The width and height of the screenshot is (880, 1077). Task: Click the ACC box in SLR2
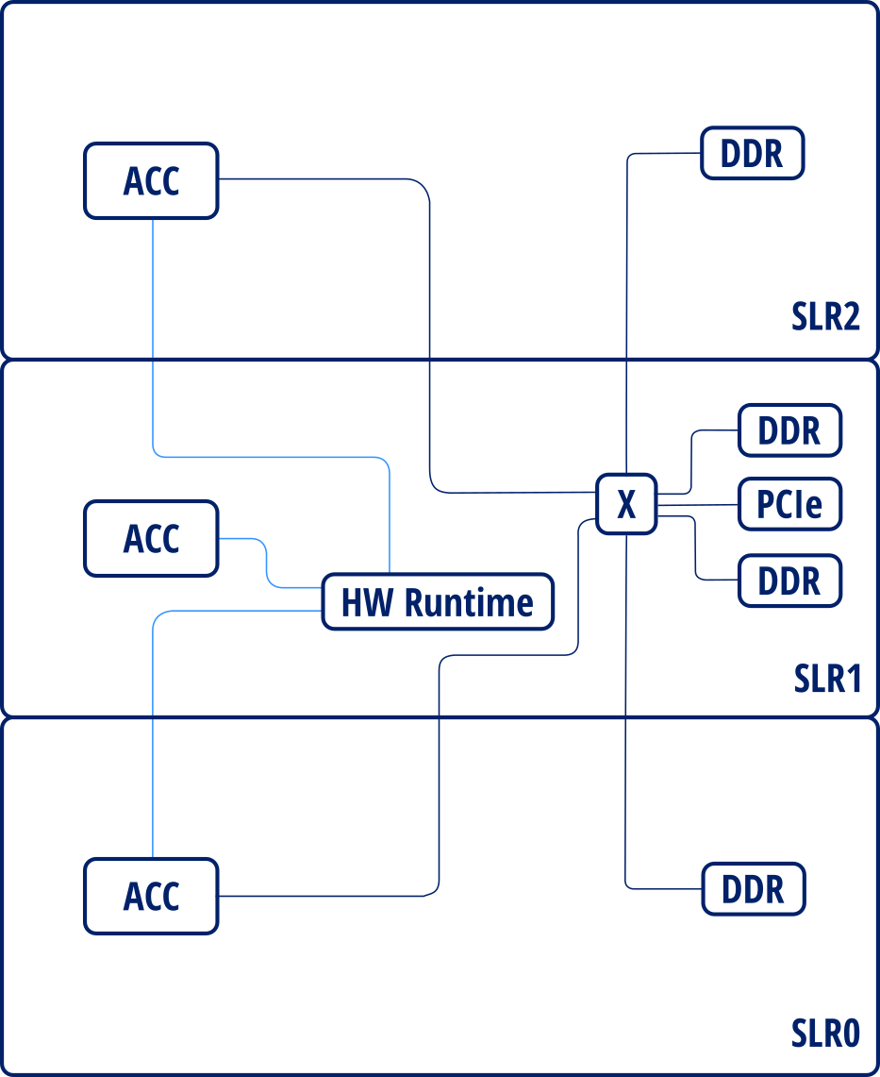tap(151, 181)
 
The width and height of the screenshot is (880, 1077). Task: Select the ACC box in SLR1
tap(151, 539)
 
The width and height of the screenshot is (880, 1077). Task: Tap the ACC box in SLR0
tap(151, 896)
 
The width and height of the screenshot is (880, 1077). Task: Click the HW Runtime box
tap(438, 602)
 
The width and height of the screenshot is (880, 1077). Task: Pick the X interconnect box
tap(626, 505)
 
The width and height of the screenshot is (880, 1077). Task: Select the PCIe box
tap(789, 505)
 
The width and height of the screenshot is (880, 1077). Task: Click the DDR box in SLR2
tap(752, 154)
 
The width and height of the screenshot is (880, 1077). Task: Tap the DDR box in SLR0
tap(752, 889)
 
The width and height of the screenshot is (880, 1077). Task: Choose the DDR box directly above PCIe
tap(789, 430)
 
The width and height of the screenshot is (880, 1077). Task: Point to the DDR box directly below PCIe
tap(789, 580)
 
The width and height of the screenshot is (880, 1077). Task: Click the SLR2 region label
tap(825, 317)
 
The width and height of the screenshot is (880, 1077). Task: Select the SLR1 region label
tap(827, 678)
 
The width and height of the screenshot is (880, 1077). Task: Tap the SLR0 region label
tap(825, 1034)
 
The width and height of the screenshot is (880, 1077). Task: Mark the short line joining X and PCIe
tap(698, 505)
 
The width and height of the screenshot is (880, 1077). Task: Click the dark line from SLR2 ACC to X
tap(430, 330)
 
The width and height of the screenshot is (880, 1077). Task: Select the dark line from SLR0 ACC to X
tap(439, 774)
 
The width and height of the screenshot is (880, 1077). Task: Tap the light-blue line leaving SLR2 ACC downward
tap(153, 330)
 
